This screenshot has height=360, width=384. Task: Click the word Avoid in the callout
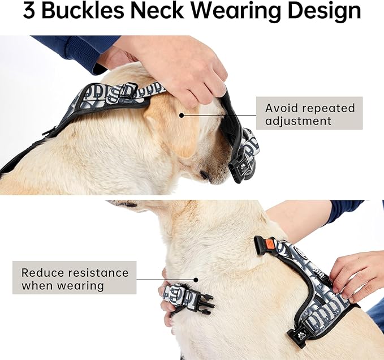pyautogui.click(x=283, y=108)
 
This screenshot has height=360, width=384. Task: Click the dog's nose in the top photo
pyautogui.click(x=205, y=175)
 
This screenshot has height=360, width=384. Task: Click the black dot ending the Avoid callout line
pyautogui.click(x=182, y=115)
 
